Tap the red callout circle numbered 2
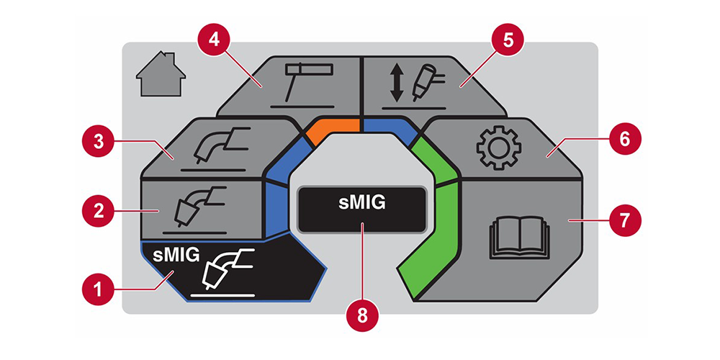point(97,211)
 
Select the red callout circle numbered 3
point(97,141)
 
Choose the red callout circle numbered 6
point(623,138)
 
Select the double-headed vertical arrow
point(396,84)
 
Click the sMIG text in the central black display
point(362,202)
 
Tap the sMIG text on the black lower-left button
point(176,255)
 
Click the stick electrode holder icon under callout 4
point(307,83)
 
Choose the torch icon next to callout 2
point(200,206)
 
